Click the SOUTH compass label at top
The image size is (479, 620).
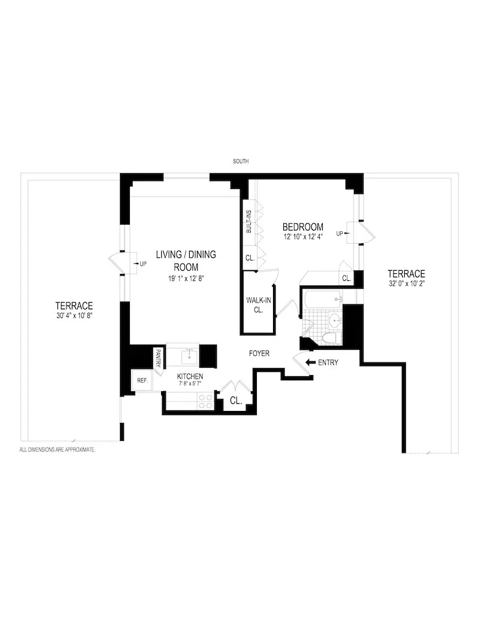(x=241, y=162)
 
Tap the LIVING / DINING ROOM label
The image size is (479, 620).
(x=186, y=261)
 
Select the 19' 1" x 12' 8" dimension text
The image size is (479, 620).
(x=186, y=279)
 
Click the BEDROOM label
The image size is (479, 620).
(x=303, y=227)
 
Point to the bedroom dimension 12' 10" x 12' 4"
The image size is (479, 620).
(x=303, y=237)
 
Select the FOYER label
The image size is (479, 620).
(x=259, y=353)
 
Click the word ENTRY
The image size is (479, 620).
(x=328, y=362)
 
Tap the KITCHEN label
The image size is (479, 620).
(x=190, y=376)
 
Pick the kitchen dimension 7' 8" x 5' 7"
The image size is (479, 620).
(x=190, y=384)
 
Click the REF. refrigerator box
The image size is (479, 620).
(x=142, y=380)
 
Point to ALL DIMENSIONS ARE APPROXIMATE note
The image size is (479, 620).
(x=57, y=449)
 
